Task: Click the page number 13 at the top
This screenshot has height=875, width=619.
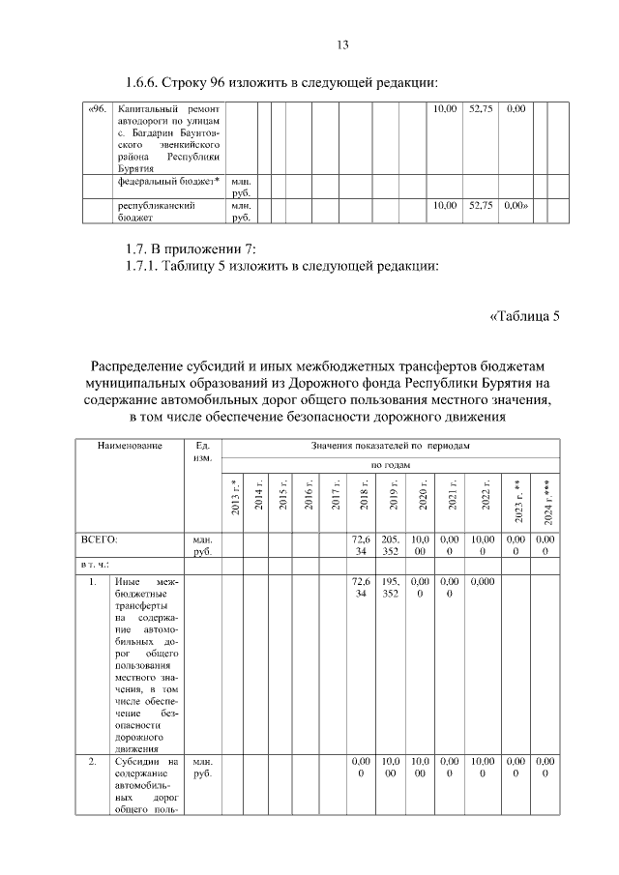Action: (341, 44)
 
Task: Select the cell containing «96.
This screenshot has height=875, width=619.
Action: (98, 109)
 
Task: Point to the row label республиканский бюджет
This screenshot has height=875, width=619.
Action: (157, 211)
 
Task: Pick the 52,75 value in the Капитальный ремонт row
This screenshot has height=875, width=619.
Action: (481, 109)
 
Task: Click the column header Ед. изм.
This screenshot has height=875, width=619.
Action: (204, 451)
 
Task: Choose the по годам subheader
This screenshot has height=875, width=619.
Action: (391, 465)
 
